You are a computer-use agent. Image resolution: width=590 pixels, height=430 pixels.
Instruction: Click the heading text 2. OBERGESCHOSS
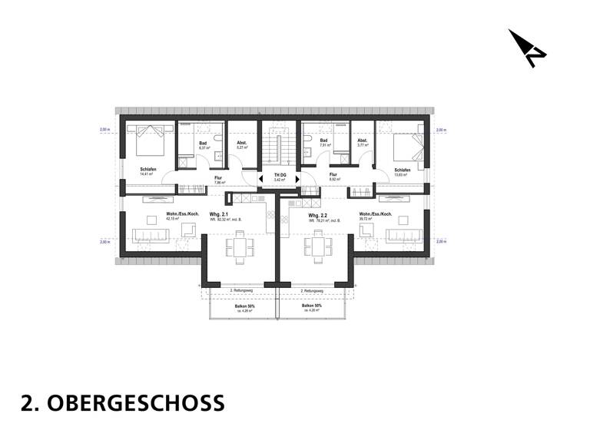(x=123, y=402)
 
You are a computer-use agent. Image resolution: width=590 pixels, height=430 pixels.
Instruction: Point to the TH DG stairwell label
(x=279, y=176)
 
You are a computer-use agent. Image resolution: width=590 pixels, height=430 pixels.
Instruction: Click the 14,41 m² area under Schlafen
(x=146, y=174)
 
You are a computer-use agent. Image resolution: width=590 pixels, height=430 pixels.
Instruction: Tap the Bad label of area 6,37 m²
(x=203, y=141)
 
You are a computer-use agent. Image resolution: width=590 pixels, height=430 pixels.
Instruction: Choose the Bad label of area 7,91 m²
(x=324, y=141)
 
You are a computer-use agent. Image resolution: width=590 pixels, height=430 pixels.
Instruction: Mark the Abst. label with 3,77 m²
(x=362, y=141)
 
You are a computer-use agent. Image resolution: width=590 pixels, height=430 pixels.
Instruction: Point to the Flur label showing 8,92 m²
(x=333, y=174)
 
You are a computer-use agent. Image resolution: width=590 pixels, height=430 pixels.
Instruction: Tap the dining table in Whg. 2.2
(x=318, y=246)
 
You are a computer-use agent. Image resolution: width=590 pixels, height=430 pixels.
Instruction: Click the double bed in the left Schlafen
(x=146, y=141)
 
